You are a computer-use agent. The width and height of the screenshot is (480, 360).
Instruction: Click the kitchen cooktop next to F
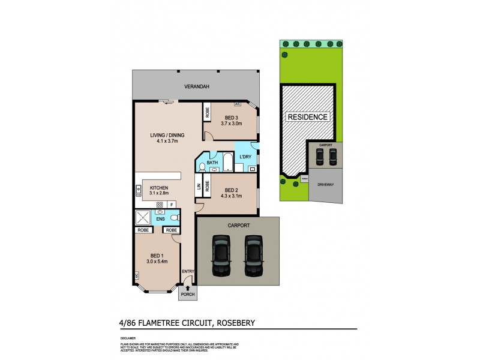click(x=160, y=205)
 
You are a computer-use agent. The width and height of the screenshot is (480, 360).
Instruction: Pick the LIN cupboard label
click(x=199, y=186)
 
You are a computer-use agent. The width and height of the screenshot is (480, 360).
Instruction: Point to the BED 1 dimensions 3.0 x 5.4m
click(x=157, y=262)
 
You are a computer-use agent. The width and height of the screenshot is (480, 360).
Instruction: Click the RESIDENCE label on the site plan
click(x=307, y=117)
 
